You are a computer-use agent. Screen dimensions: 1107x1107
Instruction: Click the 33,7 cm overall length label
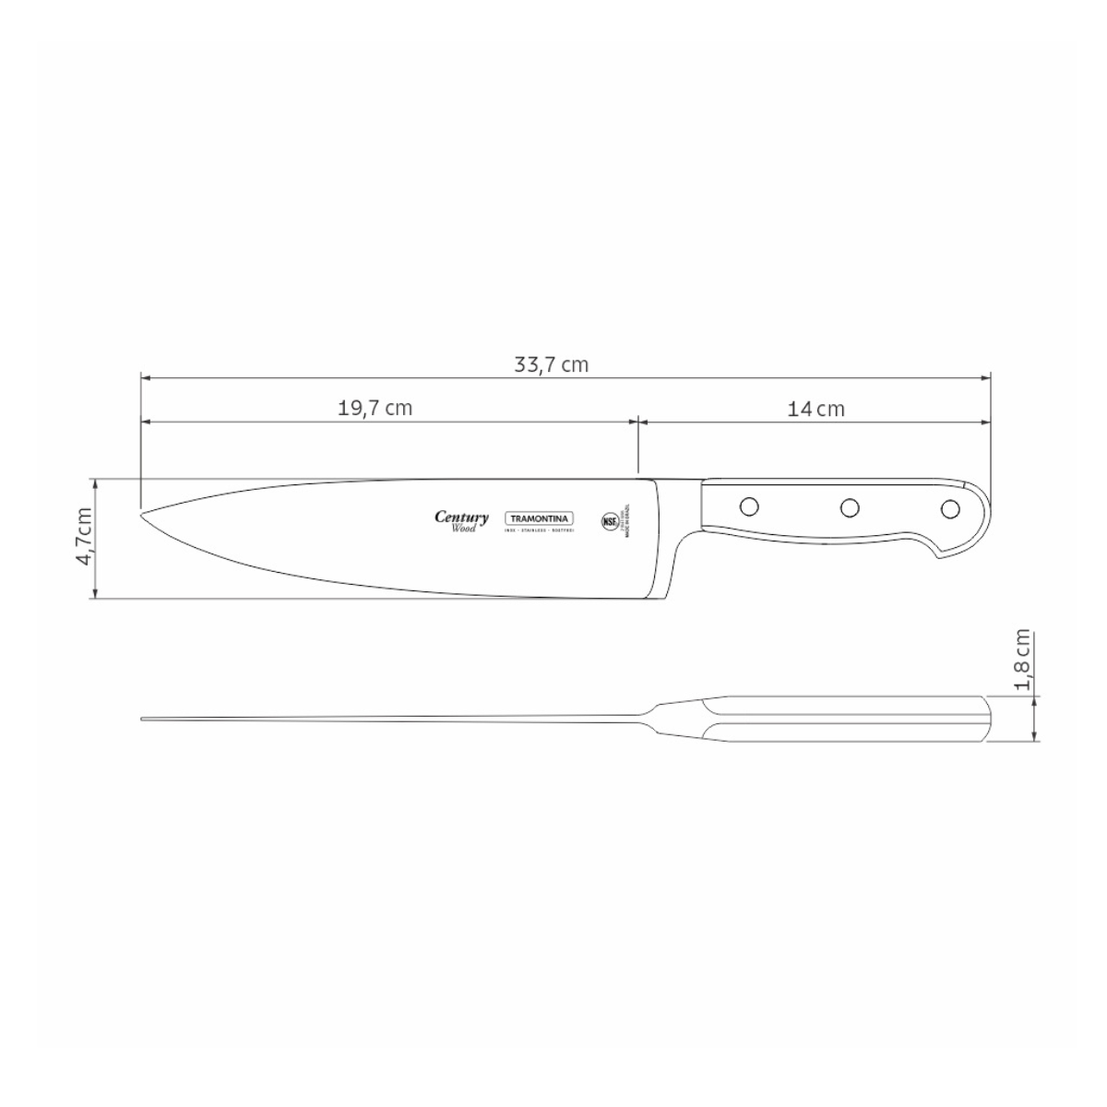(551, 364)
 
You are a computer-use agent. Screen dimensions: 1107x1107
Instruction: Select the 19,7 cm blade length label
(375, 408)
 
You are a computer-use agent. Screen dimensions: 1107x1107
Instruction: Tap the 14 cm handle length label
(815, 408)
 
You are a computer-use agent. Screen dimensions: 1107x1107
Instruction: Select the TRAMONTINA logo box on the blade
(540, 518)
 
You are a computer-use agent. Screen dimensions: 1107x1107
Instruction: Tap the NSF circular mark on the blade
(610, 520)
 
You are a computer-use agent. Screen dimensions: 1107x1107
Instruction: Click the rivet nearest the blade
(749, 506)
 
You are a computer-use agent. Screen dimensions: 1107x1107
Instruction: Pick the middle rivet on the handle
(850, 506)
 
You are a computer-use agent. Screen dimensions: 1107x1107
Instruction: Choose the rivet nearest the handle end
(949, 507)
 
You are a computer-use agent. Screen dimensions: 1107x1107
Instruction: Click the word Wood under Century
(463, 529)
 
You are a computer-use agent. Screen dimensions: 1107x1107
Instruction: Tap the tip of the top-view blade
(143, 719)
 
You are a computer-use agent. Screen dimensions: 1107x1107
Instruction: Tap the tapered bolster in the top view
(669, 719)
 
